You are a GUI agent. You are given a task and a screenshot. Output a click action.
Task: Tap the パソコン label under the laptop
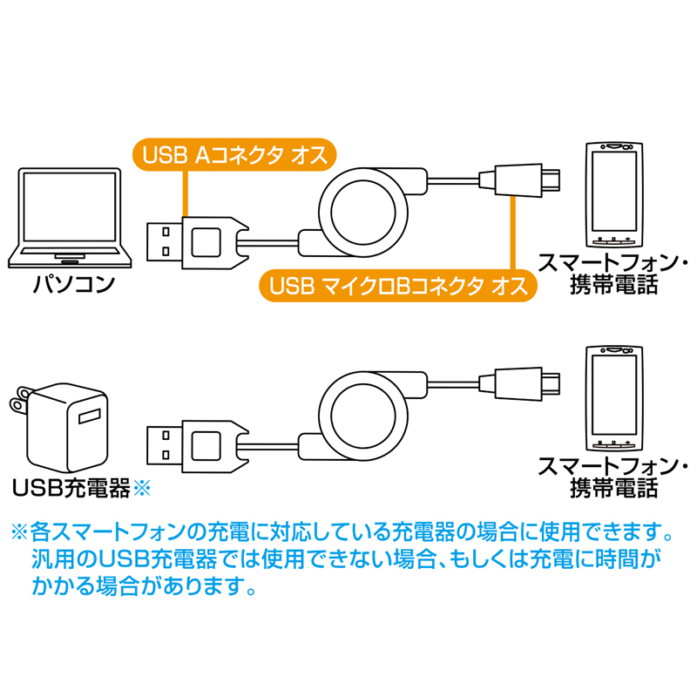[x=73, y=284]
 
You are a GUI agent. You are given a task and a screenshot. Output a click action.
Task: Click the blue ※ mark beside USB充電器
[x=141, y=488]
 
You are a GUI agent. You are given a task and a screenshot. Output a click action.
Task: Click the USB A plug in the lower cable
[x=166, y=436]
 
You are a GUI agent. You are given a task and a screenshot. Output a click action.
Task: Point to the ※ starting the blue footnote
[x=19, y=531]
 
